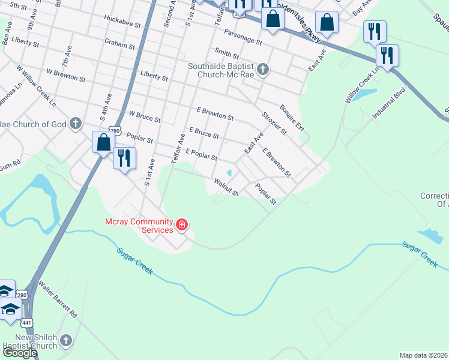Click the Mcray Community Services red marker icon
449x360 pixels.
pos(182,226)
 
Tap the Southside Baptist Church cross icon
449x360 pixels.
pos(262,70)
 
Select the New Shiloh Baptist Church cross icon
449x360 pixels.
pos(66,340)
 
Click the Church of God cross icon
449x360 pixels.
pos(75,124)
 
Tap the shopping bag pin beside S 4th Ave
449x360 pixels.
pos(103,143)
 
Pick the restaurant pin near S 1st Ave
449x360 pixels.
pos(124,158)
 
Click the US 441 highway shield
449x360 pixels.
pos(27,322)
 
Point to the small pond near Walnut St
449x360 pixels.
pos(229,173)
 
